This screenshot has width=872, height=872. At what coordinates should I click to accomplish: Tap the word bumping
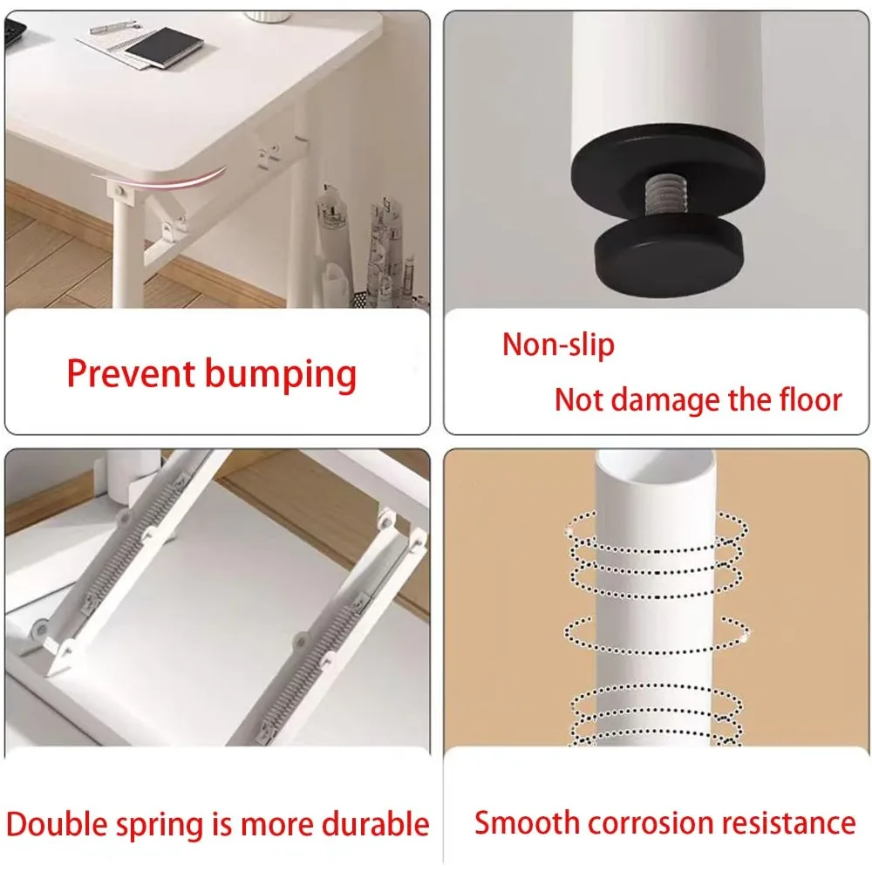click(x=281, y=375)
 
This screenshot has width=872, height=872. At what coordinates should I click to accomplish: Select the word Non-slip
click(x=558, y=344)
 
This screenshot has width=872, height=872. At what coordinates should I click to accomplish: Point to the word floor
click(x=810, y=399)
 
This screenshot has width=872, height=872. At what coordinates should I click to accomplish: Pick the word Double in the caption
click(x=58, y=824)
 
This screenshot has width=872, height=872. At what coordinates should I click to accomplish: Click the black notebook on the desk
click(x=164, y=47)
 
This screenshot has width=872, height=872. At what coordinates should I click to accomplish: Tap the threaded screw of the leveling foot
click(x=665, y=196)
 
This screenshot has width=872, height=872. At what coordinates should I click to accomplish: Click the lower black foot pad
click(x=669, y=255)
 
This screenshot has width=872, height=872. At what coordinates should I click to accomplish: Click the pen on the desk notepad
click(x=112, y=26)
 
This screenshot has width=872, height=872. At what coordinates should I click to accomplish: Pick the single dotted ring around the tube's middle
click(x=657, y=637)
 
